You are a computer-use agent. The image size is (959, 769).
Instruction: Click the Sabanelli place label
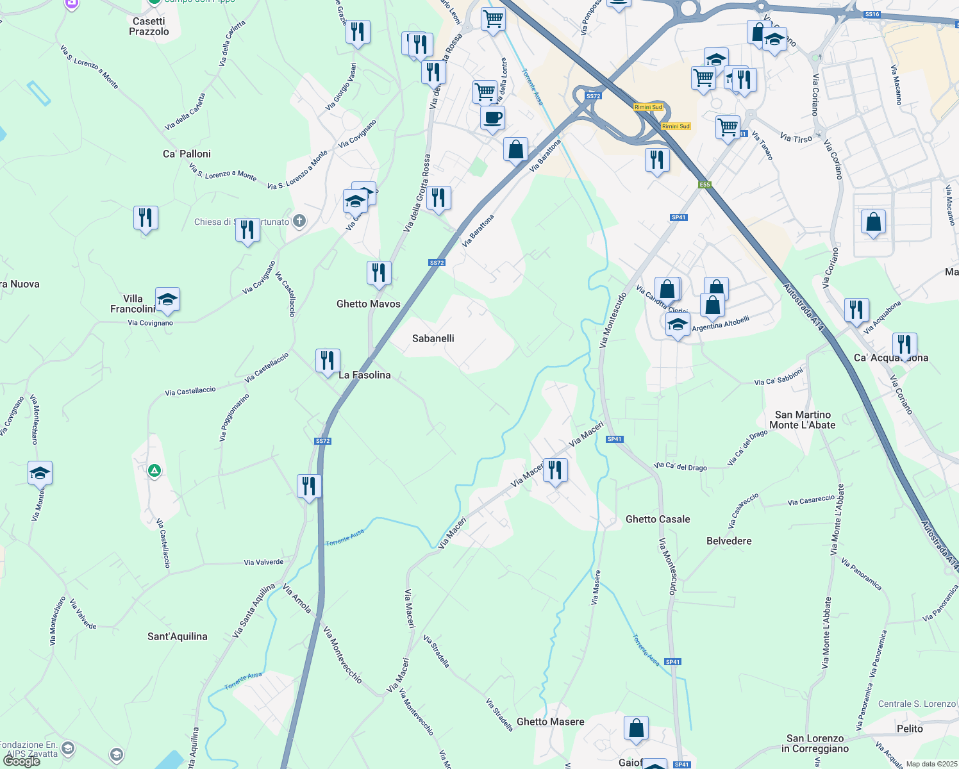tap(433, 338)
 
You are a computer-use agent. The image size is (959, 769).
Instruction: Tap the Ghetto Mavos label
tap(369, 304)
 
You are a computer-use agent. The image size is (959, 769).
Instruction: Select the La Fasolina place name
tap(365, 375)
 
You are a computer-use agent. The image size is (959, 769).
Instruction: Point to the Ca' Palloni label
tap(187, 154)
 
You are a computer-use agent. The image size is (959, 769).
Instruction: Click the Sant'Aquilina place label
tap(178, 636)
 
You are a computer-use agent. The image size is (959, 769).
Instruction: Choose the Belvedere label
tap(729, 541)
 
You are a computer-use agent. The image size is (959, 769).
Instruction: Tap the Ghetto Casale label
tap(658, 519)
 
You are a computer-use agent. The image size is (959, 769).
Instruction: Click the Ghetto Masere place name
tap(551, 722)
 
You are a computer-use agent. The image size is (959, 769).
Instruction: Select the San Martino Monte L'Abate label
tap(803, 420)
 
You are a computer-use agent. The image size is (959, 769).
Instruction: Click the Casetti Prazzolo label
tap(149, 26)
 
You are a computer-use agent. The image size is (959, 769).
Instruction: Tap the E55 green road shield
tap(705, 185)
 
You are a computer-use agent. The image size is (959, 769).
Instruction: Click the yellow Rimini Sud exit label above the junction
tap(648, 107)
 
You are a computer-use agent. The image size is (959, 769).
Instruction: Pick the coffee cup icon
tap(492, 118)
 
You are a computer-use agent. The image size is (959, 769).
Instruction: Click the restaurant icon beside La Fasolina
tap(328, 361)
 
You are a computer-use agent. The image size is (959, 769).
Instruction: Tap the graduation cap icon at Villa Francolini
tap(167, 299)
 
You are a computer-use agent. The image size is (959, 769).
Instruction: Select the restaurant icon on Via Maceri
tap(555, 471)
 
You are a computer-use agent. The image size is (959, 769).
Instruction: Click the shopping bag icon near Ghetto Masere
tap(637, 728)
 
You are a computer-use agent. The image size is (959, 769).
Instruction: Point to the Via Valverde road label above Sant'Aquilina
tap(263, 563)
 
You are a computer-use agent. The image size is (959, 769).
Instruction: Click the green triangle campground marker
tap(154, 471)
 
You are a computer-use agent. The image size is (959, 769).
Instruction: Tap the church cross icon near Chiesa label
tap(299, 222)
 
